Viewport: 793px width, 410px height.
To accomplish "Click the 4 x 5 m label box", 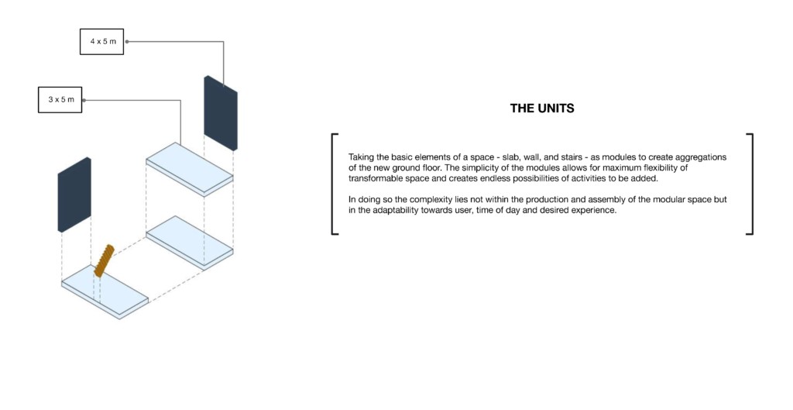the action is tap(101, 42).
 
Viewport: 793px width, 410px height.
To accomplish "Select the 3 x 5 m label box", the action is tap(60, 100).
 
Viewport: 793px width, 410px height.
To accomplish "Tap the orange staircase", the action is tap(105, 260).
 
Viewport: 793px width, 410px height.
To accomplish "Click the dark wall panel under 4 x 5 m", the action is tap(221, 113).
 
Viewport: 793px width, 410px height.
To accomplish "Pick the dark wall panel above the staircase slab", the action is tap(74, 195).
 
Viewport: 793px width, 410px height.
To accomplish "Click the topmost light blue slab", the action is tap(190, 168).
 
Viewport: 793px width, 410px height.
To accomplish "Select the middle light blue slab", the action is tap(190, 242).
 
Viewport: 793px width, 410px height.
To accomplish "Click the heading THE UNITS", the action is tap(542, 109).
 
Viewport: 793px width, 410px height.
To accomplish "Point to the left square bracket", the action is tap(332, 184).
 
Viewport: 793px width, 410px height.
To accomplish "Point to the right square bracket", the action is tap(752, 184).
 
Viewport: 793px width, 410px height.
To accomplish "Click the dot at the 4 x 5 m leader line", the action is tap(127, 42).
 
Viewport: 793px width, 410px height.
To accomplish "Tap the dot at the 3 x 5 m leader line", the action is tap(84, 100).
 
